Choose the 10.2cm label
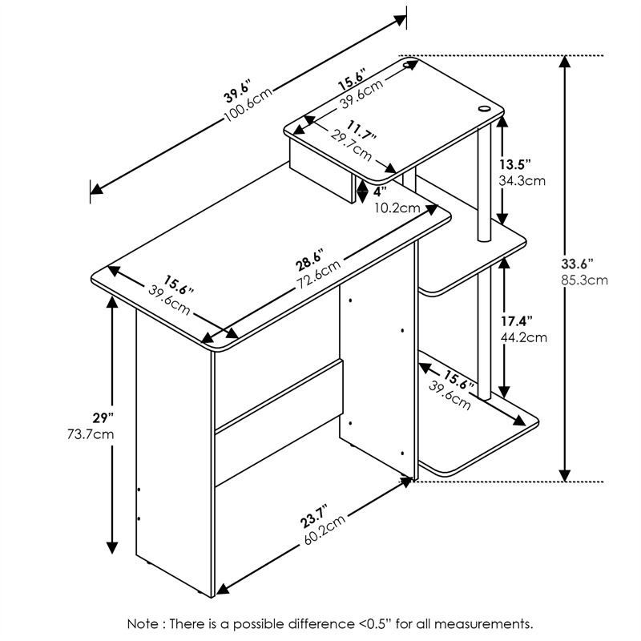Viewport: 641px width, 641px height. coord(397,208)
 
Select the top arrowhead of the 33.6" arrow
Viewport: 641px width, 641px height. coord(566,62)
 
